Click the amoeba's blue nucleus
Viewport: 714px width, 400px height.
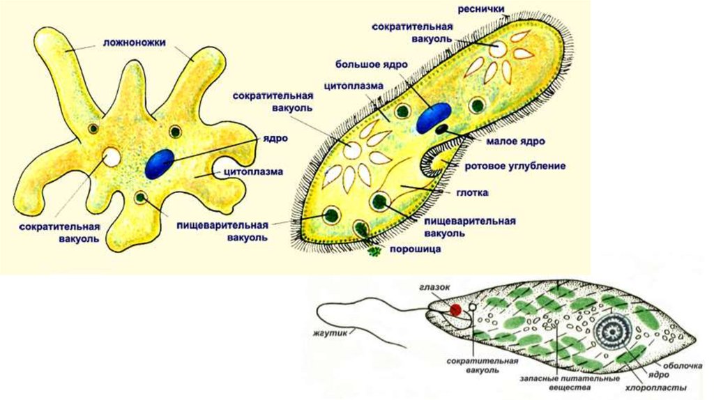point(160,162)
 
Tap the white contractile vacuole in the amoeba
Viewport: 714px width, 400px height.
point(111,157)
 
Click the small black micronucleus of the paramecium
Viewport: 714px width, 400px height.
point(443,129)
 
